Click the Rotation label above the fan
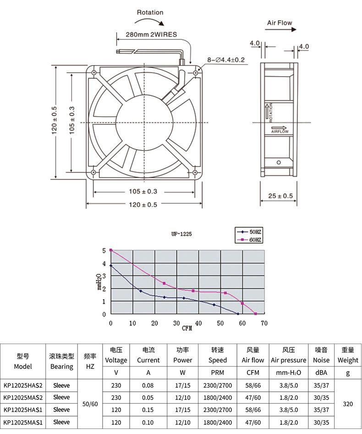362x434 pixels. point(150,12)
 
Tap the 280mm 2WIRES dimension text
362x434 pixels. point(151,34)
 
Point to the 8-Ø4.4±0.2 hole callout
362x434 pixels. point(226,60)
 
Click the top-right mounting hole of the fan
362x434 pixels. point(196,73)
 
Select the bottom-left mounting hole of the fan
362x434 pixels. point(93,172)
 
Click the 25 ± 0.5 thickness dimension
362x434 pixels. point(280,196)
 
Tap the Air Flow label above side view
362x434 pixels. point(280,23)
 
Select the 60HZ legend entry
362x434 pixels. point(249,239)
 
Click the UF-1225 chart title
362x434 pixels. point(181,234)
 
